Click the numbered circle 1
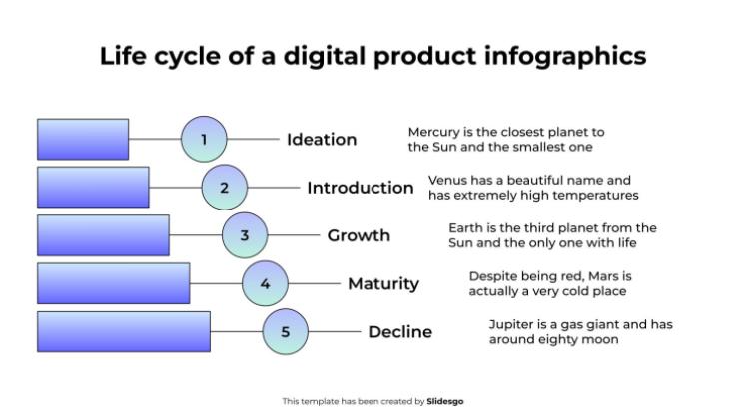(x=204, y=140)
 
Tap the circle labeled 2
(x=224, y=188)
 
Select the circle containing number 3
(x=245, y=236)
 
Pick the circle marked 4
(x=265, y=284)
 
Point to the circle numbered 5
(x=286, y=332)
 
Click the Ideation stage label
(x=321, y=140)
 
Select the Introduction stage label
(x=360, y=188)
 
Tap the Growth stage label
(x=359, y=236)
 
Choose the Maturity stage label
(x=382, y=284)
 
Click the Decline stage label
(x=399, y=332)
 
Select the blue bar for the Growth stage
(x=103, y=236)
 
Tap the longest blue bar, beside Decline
(x=124, y=332)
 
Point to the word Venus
(x=447, y=181)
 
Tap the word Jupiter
(x=512, y=324)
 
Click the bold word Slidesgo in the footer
(x=445, y=401)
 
